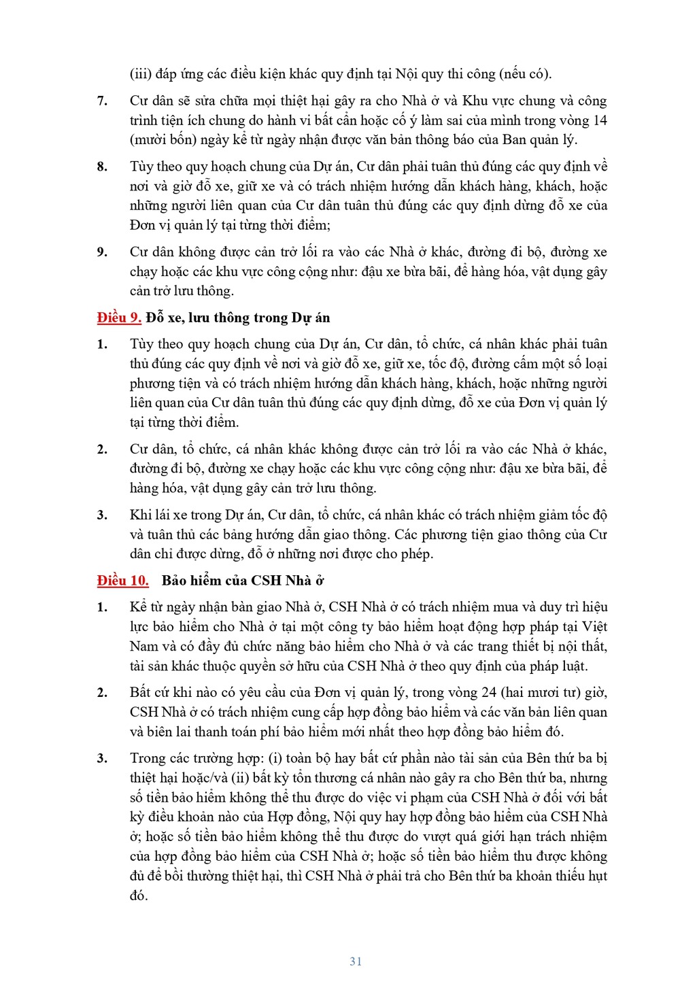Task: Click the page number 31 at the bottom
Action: click(356, 961)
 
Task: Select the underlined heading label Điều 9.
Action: click(118, 318)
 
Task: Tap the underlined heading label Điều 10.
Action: click(122, 580)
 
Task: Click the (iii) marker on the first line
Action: click(140, 74)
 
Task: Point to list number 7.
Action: click(102, 101)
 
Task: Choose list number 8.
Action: click(102, 167)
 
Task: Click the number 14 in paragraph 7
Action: click(600, 120)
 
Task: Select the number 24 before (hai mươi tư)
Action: click(489, 692)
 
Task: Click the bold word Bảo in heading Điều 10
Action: click(175, 580)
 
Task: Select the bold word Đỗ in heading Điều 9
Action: click(154, 318)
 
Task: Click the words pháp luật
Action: click(563, 666)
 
